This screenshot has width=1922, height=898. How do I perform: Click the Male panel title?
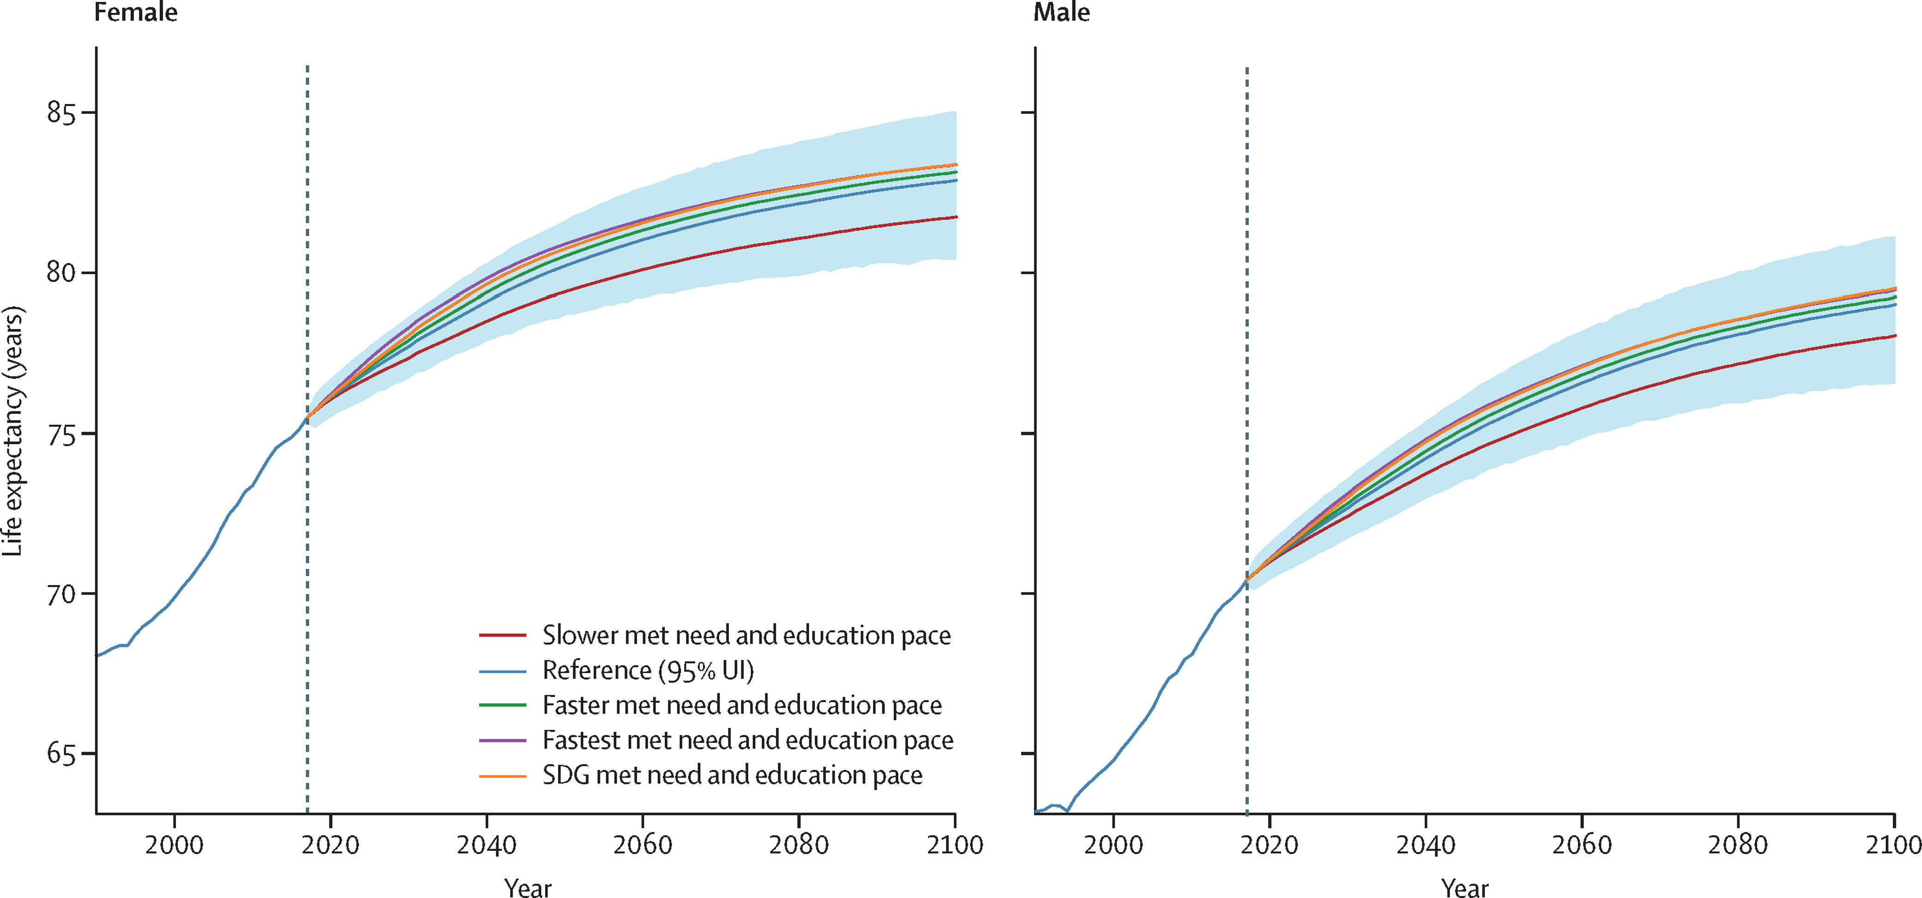tap(1061, 12)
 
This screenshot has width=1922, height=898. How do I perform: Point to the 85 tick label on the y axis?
tap(61, 114)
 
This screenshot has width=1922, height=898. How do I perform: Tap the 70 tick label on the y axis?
tap(61, 595)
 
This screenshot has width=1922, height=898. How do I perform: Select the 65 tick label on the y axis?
tap(61, 754)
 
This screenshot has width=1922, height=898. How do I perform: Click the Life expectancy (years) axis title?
tap(13, 431)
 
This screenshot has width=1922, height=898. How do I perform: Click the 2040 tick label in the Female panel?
tap(486, 845)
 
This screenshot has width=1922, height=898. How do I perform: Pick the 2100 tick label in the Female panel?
tap(954, 845)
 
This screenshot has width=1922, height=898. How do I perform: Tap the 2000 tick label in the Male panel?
tap(1113, 845)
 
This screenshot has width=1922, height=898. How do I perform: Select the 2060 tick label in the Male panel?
tap(1582, 845)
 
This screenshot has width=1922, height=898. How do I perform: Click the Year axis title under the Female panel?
tap(527, 887)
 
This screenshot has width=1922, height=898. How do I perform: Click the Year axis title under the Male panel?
tap(1465, 887)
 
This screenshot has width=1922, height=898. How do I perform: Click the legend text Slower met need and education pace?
tap(746, 635)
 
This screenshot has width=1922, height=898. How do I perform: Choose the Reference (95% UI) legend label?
tap(648, 670)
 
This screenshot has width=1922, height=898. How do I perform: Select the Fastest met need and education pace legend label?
tap(748, 740)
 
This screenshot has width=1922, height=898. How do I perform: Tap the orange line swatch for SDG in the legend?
tap(502, 776)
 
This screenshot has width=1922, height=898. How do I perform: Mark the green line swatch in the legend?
tap(502, 705)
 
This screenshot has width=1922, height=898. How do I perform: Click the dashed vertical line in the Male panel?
tap(1247, 298)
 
